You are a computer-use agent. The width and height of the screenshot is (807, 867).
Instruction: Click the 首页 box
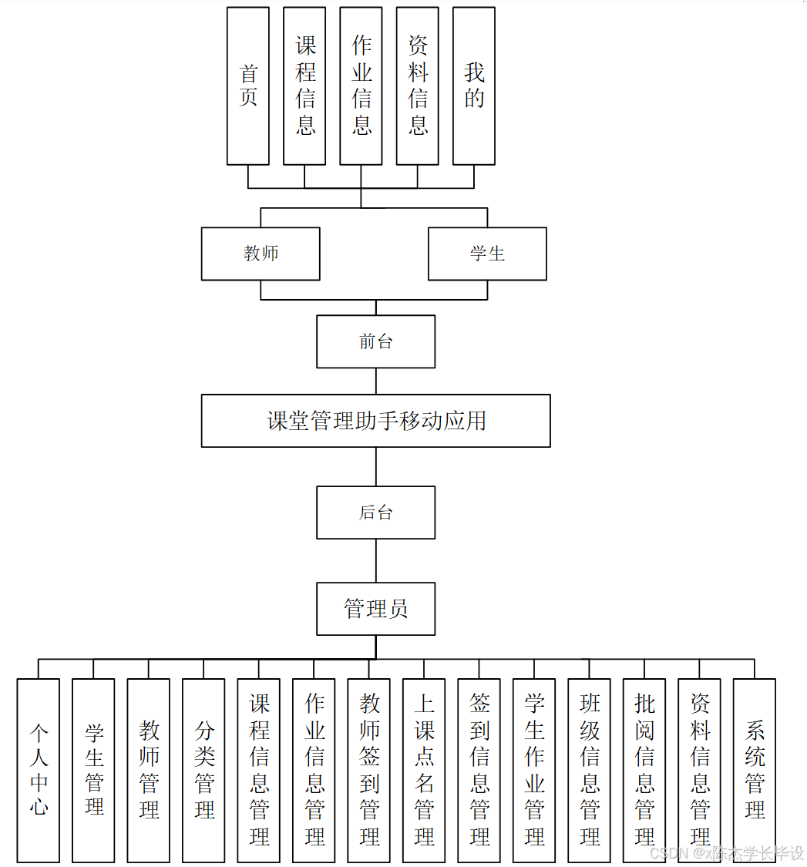(247, 86)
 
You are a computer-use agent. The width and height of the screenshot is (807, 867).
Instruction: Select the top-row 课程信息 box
(304, 86)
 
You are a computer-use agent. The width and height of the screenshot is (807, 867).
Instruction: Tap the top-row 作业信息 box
(361, 86)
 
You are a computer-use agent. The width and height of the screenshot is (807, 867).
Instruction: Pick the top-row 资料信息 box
(417, 86)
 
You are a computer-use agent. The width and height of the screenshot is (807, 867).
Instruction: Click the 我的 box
(473, 86)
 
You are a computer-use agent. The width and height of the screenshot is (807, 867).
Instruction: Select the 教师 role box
(261, 254)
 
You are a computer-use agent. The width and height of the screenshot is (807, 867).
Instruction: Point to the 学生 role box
(487, 254)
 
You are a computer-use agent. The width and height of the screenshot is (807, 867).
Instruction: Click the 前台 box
(376, 341)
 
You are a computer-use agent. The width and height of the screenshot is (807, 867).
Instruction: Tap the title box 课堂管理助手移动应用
(376, 421)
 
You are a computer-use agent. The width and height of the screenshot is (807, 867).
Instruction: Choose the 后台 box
(376, 512)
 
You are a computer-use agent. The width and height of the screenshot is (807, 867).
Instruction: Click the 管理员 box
(376, 609)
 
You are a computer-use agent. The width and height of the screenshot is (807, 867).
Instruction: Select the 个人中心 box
(39, 770)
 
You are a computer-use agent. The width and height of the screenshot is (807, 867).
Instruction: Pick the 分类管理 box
(203, 770)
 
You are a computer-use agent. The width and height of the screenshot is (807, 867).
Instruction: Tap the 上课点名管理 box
(424, 770)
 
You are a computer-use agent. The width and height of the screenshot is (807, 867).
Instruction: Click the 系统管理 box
(754, 770)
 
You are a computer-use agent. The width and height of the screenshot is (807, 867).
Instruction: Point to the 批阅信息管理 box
(644, 770)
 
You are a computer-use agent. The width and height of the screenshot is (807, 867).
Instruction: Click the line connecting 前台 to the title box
(376, 381)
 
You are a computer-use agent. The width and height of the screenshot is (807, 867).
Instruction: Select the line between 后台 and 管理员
(376, 560)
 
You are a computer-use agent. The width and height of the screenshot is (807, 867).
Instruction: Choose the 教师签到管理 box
(368, 770)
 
